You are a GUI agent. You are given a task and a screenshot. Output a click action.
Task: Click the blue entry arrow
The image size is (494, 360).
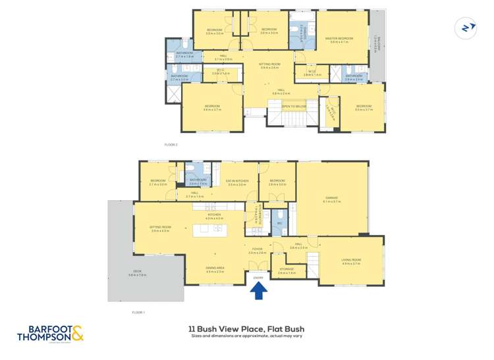[x=258, y=290]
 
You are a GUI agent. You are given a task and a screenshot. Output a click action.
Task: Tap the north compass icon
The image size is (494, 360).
[x=466, y=28]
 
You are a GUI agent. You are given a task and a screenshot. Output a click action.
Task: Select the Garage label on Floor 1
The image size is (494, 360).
[x=331, y=199]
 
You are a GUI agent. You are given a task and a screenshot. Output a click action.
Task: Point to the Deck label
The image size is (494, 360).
[x=137, y=274]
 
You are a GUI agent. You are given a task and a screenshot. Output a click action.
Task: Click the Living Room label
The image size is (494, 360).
[x=351, y=262]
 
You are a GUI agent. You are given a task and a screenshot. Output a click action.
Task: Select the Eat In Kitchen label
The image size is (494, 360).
[x=236, y=183]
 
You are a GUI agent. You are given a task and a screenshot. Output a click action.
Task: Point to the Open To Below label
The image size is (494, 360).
[x=294, y=106]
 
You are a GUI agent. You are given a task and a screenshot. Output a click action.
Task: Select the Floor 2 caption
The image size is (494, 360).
[x=171, y=144]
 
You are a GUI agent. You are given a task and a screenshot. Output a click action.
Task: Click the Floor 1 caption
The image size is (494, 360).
[x=138, y=312]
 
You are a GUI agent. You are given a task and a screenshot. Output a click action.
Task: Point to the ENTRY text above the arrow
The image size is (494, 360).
[x=258, y=278]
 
